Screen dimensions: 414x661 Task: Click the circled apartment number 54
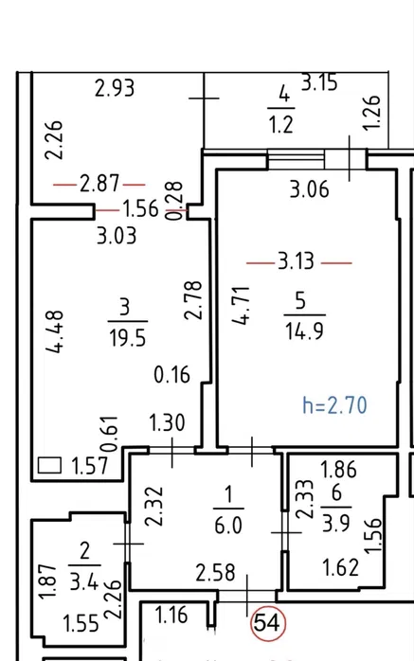pyautogui.click(x=268, y=622)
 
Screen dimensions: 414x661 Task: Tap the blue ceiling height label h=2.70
pyautogui.click(x=334, y=405)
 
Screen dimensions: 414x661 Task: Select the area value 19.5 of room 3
pyautogui.click(x=127, y=338)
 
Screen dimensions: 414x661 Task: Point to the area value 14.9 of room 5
pyautogui.click(x=304, y=330)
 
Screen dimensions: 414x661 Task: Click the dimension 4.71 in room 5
pyautogui.click(x=241, y=306)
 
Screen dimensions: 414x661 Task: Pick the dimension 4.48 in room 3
pyautogui.click(x=55, y=331)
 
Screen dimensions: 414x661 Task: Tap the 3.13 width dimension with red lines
pyautogui.click(x=296, y=261)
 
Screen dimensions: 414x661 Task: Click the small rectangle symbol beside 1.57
pyautogui.click(x=50, y=465)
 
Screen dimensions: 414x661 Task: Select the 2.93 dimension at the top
pyautogui.click(x=115, y=88)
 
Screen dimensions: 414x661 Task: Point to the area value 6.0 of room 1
pyautogui.click(x=228, y=526)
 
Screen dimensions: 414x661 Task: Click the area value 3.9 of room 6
pyautogui.click(x=336, y=523)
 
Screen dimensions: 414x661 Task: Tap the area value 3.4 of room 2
pyautogui.click(x=84, y=581)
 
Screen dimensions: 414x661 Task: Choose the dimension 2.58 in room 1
pyautogui.click(x=215, y=573)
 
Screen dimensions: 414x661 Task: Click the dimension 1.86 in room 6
pyautogui.click(x=338, y=469)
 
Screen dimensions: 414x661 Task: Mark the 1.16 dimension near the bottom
pyautogui.click(x=171, y=615)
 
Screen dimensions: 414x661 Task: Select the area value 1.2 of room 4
pyautogui.click(x=281, y=125)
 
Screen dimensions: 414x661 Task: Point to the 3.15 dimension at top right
pyautogui.click(x=319, y=82)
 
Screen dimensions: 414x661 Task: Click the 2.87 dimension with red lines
pyautogui.click(x=99, y=185)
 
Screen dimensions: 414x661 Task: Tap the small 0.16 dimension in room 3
pyautogui.click(x=172, y=375)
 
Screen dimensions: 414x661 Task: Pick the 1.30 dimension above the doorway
pyautogui.click(x=167, y=422)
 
